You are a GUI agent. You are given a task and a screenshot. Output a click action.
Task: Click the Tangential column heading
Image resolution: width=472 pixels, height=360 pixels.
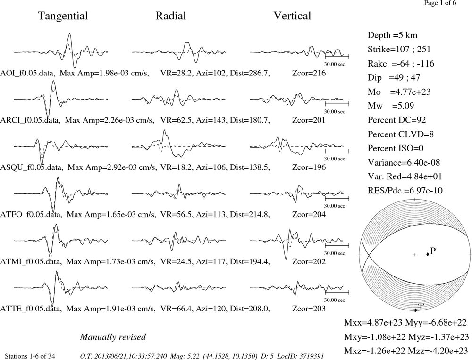63,16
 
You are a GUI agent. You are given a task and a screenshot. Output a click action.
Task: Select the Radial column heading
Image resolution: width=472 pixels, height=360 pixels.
171,16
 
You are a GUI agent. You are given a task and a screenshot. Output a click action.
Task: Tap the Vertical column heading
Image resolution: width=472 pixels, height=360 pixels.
292,16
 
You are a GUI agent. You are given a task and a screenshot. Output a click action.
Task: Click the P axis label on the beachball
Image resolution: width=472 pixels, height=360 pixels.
433,251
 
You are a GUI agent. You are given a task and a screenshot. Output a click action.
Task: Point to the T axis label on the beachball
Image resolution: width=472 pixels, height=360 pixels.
421,307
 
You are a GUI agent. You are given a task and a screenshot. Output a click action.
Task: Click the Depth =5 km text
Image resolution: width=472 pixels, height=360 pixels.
393,35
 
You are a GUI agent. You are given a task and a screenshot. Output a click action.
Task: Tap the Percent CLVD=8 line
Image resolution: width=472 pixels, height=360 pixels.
401,134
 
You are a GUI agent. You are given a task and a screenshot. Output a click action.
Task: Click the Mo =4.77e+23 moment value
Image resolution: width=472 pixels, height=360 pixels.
399,92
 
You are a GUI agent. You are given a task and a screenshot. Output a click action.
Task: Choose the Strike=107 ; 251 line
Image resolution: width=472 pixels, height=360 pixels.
399,49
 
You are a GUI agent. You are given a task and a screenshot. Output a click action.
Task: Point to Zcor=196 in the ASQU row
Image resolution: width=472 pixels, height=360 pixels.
309,167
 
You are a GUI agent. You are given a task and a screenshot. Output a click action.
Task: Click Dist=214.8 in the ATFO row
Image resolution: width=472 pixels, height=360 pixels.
250,215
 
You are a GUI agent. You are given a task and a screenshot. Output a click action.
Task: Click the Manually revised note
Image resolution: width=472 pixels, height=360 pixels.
113,337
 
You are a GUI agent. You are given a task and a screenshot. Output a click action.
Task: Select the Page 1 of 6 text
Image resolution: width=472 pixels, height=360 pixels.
440,3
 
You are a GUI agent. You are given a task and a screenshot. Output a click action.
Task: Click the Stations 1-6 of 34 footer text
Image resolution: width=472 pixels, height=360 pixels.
30,356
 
